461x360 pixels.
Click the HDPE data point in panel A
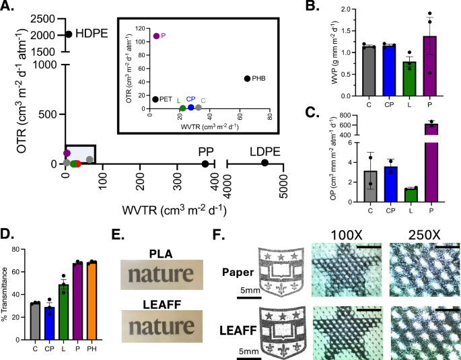pyautogui.click(x=69, y=34)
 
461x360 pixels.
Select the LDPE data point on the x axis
pyautogui.click(x=265, y=163)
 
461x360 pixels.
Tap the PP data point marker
pyautogui.click(x=205, y=164)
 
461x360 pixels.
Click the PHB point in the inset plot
pyautogui.click(x=247, y=79)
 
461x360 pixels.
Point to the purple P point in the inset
pyautogui.click(x=157, y=36)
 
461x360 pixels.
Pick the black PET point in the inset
pyautogui.click(x=155, y=100)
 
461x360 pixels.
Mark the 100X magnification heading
pyautogui.click(x=344, y=236)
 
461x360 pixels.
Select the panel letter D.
pyautogui.click(x=7, y=235)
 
